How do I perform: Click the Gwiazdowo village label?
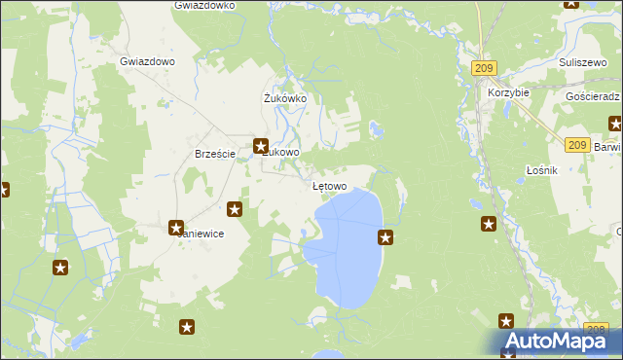147,60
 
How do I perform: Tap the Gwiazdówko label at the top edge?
204,6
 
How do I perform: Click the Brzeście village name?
214,154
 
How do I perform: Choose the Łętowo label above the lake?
329,185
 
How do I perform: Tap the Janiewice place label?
200,234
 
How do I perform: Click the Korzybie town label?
508,92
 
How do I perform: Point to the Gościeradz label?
592,98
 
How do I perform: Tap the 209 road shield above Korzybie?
484,67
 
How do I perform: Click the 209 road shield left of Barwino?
575,144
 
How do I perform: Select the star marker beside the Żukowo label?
261,146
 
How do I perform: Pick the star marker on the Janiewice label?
176,229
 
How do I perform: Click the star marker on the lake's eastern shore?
385,236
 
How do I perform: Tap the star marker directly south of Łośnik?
489,225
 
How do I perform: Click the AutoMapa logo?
553,341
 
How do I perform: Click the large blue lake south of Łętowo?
350,248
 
